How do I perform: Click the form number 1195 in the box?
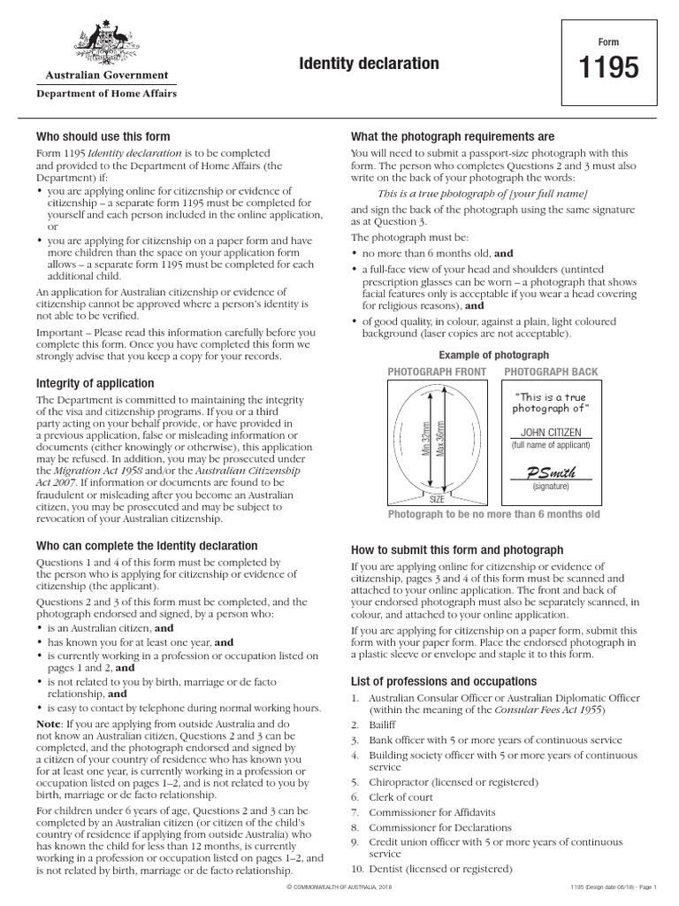point(608,69)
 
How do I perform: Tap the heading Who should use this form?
point(103,136)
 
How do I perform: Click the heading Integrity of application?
point(95,383)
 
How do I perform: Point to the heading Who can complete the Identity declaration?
point(146,546)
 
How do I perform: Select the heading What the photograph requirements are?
point(453,136)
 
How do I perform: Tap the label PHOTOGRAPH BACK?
point(551,372)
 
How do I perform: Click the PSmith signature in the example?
point(551,472)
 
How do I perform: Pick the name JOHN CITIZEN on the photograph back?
point(551,432)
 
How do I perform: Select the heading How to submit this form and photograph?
point(457,549)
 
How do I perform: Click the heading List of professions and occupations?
point(444,681)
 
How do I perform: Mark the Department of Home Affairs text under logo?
point(105,93)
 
